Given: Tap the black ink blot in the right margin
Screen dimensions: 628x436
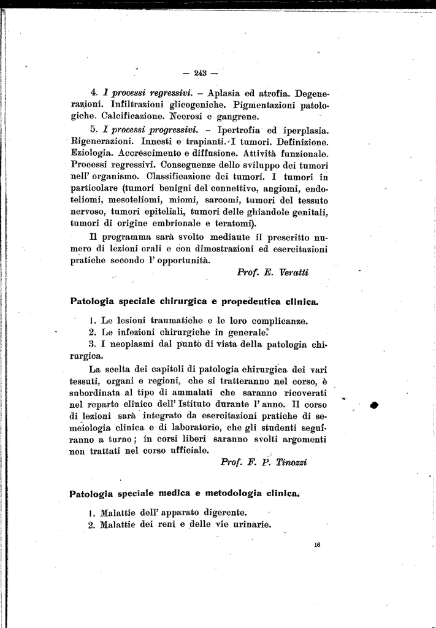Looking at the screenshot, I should (375, 405).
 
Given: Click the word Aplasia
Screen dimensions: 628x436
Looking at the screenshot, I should (228, 94).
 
